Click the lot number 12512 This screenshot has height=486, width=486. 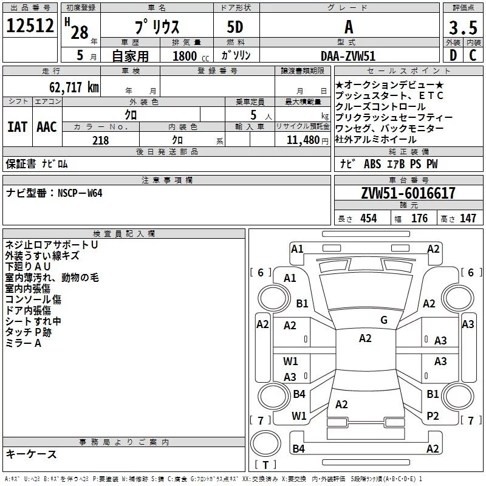pos(30,26)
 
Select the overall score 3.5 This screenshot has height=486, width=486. pos(463,27)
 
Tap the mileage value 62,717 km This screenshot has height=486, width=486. pos(74,87)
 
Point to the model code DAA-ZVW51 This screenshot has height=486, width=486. pos(348,56)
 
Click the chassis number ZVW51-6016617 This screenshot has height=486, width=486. pos(408,193)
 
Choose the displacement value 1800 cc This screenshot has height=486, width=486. pos(191,56)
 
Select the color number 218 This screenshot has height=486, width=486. pos(100,140)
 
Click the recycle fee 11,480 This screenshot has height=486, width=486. pos(303,140)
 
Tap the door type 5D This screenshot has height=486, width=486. pos(235,27)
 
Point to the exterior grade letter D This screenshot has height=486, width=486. pos(453,55)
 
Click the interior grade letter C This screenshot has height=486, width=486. pos(473,55)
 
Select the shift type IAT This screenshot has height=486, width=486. pos(18,127)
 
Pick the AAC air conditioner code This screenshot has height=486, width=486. pos(47,127)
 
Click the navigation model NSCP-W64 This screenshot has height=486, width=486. pos(80,193)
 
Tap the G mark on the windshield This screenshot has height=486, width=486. pos(384,320)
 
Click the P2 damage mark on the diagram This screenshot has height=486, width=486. pos(433,416)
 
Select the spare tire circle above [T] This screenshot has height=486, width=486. pos(265,443)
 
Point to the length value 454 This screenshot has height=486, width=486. pos(369,219)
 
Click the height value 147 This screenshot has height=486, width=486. pos(468,219)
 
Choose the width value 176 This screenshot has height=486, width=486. pos(419,219)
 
